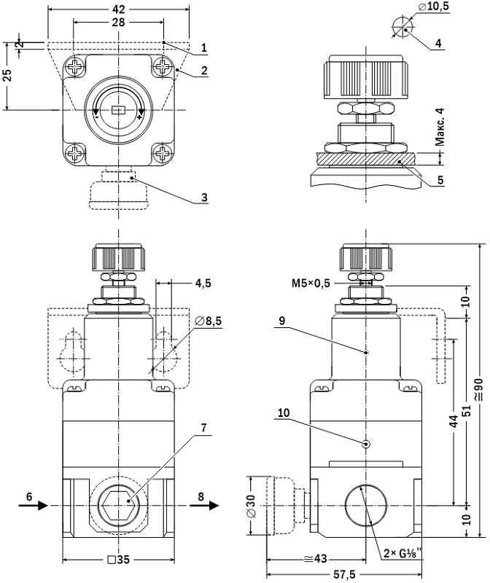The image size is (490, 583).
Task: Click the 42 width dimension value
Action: coord(119,9)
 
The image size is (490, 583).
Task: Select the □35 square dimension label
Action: coord(118,560)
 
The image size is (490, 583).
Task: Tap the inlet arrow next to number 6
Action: coord(38,504)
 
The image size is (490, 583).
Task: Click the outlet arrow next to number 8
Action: coord(209,504)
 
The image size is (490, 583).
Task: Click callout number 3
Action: coord(205,197)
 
